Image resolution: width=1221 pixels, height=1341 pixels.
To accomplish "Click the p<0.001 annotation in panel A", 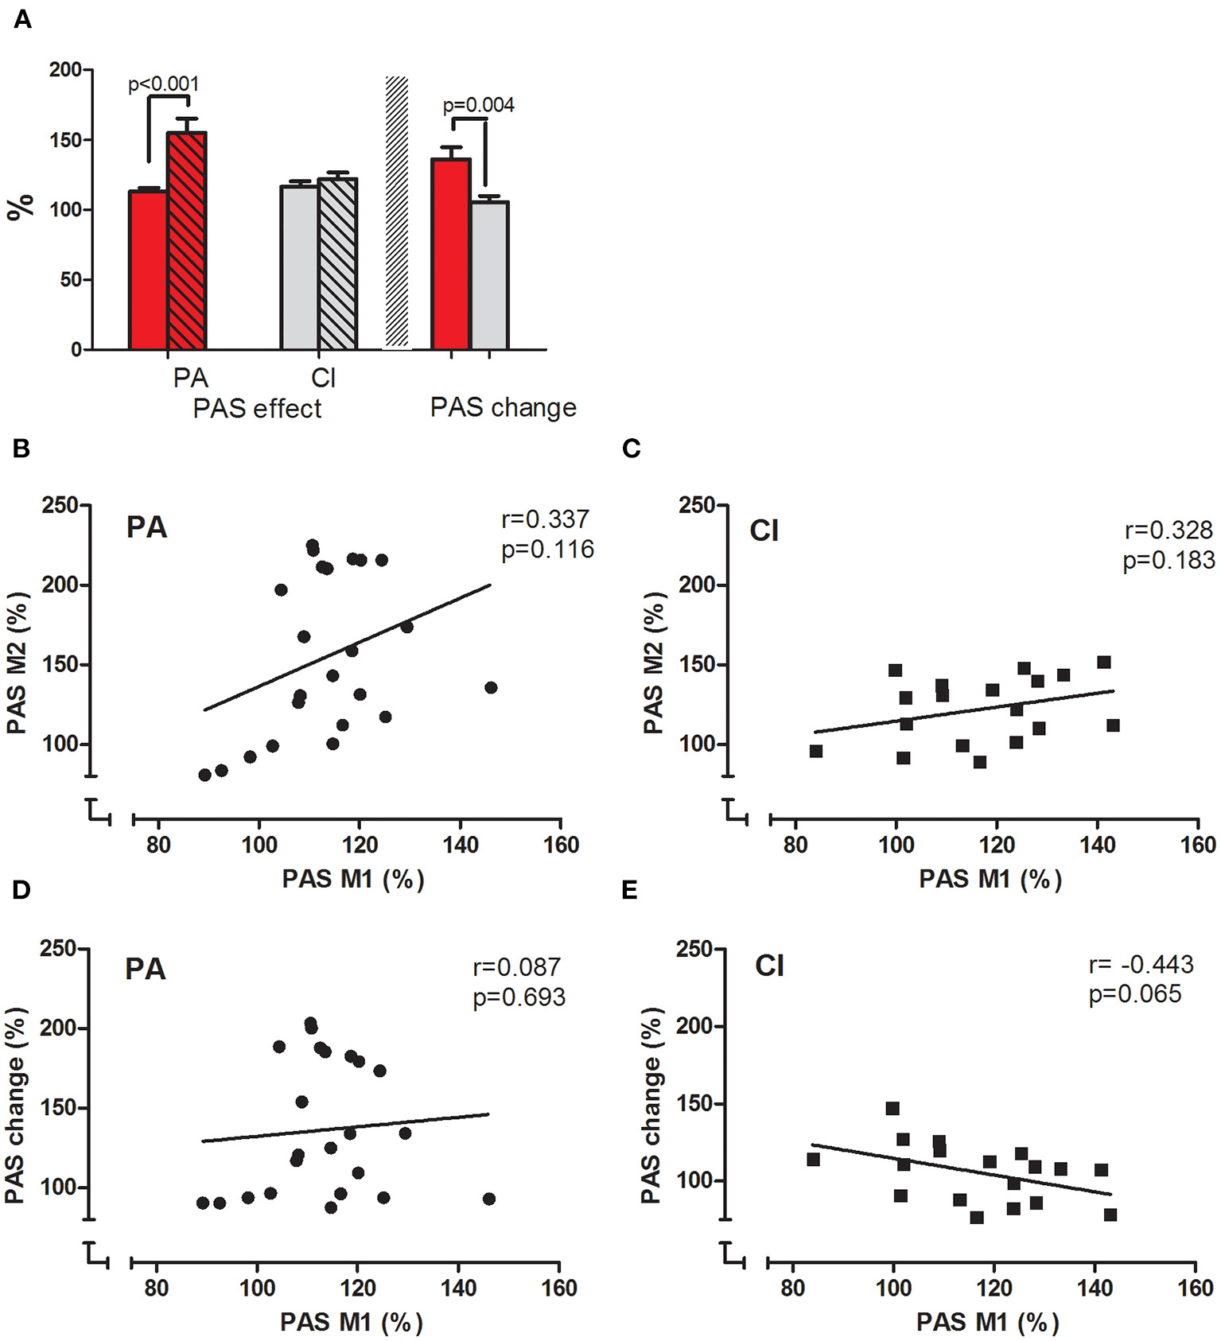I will click(x=164, y=84).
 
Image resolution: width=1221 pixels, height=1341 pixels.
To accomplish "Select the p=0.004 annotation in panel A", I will click(x=478, y=105).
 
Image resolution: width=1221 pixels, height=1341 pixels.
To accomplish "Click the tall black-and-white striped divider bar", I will click(x=397, y=212).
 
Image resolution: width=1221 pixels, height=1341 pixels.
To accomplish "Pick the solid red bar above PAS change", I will click(x=450, y=255).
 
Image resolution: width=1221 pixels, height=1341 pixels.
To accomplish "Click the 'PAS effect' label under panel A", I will click(x=257, y=409).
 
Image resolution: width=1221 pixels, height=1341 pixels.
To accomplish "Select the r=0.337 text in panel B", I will click(x=546, y=519).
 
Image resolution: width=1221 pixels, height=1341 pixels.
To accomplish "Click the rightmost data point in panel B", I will click(x=491, y=687).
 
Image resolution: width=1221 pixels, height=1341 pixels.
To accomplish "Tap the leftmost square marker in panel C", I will click(x=815, y=751).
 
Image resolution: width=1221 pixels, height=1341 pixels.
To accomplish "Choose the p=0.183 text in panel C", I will click(x=1169, y=561).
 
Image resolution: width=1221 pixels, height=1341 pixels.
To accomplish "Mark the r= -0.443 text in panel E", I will click(x=1141, y=965).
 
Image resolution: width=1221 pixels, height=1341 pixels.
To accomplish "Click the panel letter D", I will click(x=21, y=889).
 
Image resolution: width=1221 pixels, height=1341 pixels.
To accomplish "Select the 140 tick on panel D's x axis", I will click(x=459, y=1288).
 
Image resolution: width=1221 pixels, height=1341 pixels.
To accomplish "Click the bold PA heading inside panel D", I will click(x=146, y=969).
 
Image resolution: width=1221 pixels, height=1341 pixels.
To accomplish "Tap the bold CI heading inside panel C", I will click(x=764, y=531).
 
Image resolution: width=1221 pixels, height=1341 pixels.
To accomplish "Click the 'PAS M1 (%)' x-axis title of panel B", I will click(x=352, y=880).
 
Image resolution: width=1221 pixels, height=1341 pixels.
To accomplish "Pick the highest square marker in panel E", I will click(x=892, y=1109).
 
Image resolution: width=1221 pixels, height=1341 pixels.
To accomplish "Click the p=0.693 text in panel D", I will click(x=519, y=997).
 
